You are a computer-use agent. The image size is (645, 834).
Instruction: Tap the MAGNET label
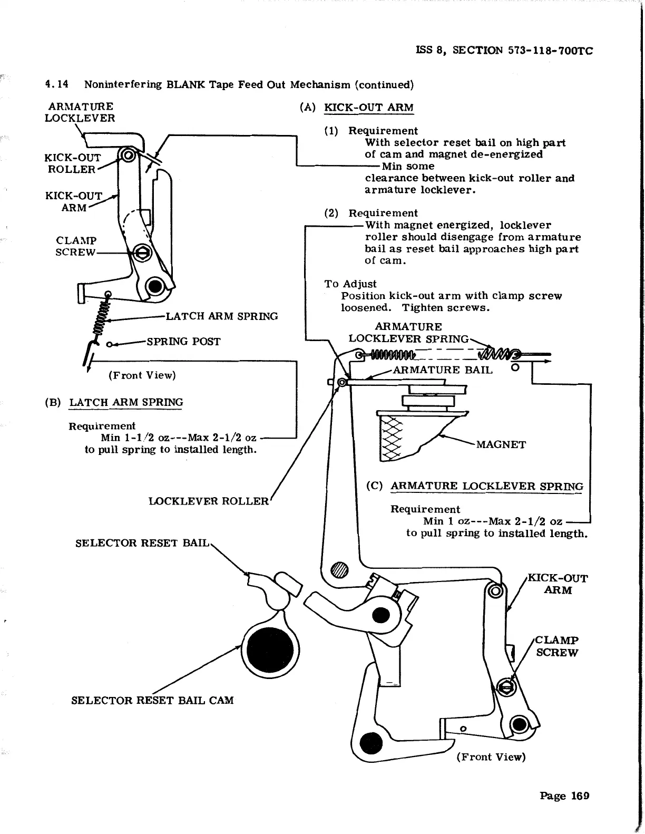(x=501, y=444)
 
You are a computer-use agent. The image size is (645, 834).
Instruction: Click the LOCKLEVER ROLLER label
(x=209, y=501)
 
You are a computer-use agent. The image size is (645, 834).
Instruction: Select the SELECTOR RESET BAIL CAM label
(x=152, y=700)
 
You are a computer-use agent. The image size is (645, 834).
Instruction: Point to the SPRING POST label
(x=183, y=341)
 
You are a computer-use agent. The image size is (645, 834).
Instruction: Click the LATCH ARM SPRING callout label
(x=222, y=316)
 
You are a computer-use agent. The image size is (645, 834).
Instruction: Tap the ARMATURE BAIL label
(x=443, y=370)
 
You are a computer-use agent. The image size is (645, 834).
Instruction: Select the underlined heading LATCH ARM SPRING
(x=126, y=402)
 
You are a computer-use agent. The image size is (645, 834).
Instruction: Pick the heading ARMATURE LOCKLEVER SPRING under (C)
(x=487, y=486)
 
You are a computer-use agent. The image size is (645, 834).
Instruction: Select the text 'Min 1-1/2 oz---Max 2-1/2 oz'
(x=179, y=438)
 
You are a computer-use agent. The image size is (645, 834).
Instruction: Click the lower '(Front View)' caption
(x=491, y=757)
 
